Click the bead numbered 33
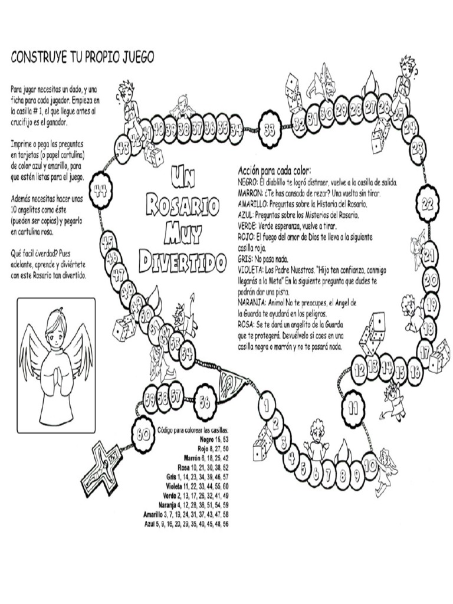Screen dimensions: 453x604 [270, 131]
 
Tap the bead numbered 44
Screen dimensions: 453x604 [100, 190]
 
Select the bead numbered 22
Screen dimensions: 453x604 [428, 204]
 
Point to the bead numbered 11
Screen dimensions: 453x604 [353, 406]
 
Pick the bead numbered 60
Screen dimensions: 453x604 [142, 434]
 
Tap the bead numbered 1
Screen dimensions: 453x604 [267, 405]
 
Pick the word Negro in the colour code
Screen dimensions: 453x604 [206, 440]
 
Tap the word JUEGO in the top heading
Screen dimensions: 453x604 [134, 57]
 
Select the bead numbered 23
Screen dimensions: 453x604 [418, 146]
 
